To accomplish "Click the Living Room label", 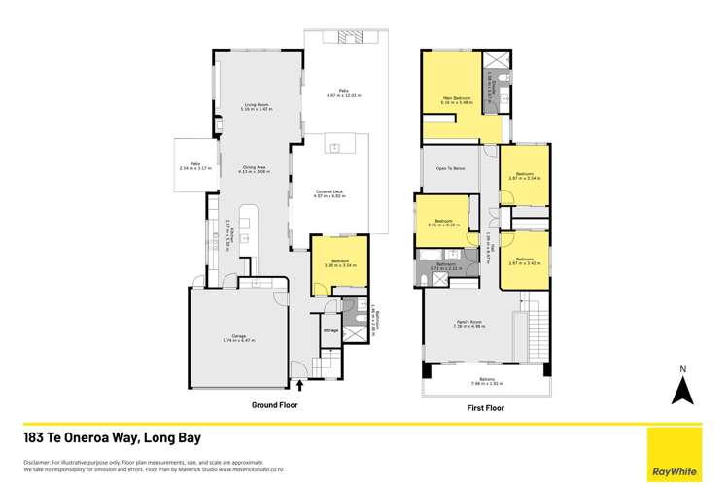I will [256, 107].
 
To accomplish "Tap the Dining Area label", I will [256, 168].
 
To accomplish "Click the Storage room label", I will [330, 330].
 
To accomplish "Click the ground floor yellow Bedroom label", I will [340, 262].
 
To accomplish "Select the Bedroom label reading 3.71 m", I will [442, 223].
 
